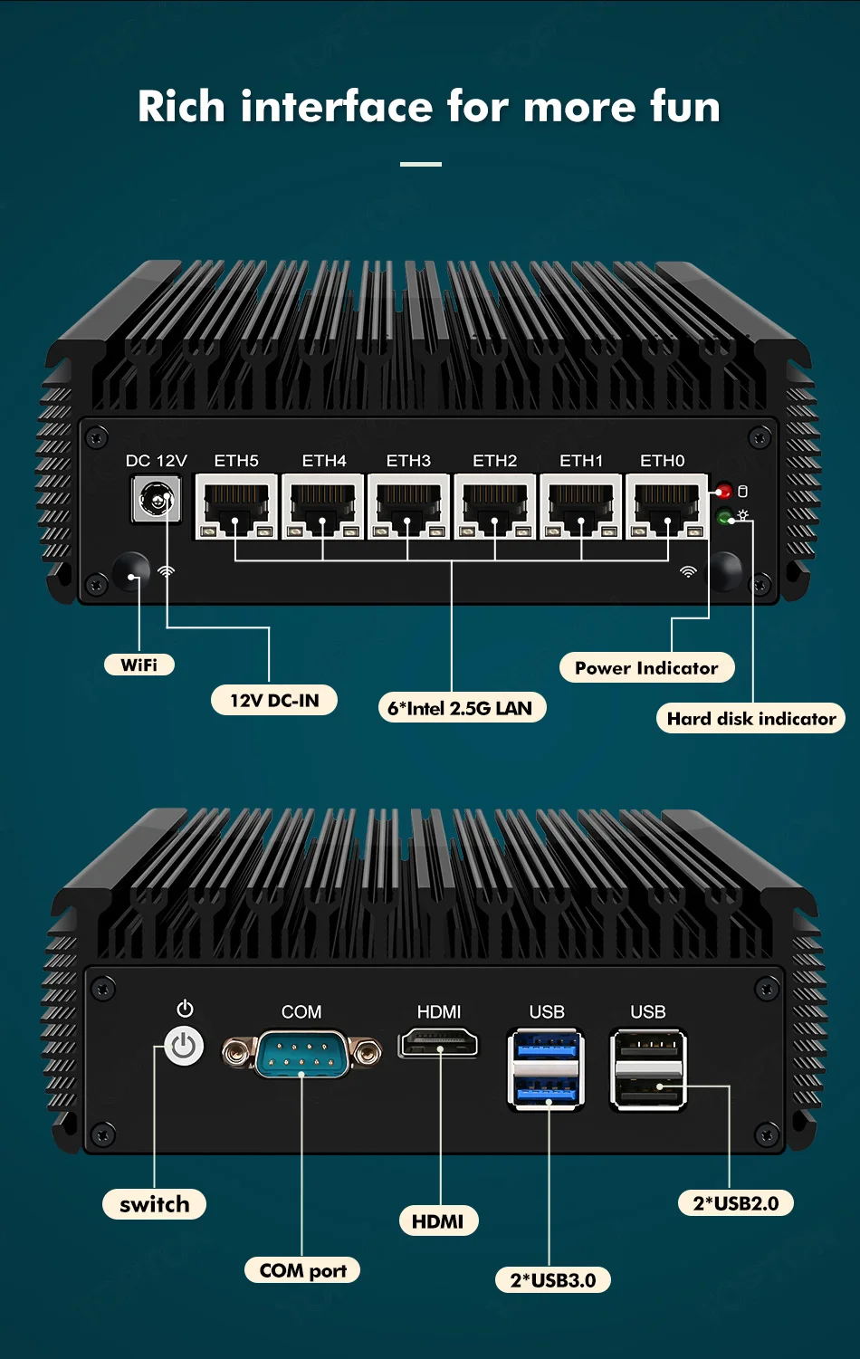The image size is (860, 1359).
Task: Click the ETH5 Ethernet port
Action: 236,506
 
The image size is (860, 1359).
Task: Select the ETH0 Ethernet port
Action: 667,506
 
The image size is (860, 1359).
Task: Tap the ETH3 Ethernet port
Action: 408,506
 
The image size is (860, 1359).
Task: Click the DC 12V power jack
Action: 156,499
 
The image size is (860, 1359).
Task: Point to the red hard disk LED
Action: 724,492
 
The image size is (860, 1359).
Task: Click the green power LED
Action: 724,517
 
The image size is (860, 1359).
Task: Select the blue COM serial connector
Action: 301,1054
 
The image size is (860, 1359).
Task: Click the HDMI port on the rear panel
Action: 439,1044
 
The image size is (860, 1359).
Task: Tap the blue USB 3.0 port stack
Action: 547,1069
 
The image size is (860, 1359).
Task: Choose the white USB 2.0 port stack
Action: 648,1069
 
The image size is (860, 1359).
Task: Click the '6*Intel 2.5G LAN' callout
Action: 461,708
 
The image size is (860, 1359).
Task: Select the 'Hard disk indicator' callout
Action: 750,719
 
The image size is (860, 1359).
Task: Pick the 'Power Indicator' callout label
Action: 646,668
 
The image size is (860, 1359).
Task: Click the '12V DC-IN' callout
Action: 274,700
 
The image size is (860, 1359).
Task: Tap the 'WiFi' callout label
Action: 139,665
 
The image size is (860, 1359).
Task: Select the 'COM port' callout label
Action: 302,1270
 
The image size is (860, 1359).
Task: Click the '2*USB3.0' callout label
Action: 553,1280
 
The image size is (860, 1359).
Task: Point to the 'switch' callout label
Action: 155,1204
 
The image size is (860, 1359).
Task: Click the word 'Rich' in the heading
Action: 181,107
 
